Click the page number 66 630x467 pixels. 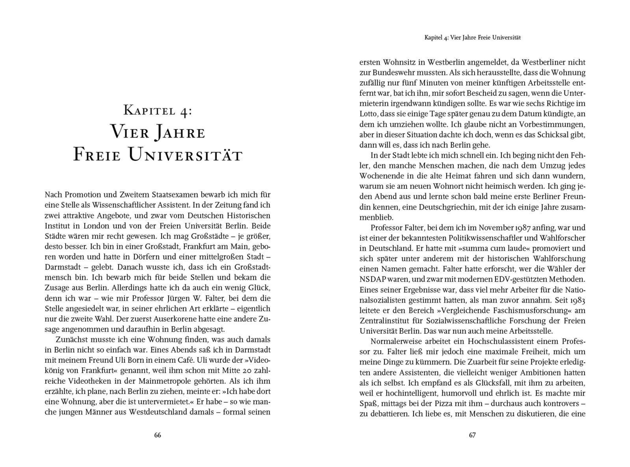[x=157, y=435]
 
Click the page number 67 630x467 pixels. [x=472, y=435]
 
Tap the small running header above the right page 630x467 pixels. [x=472, y=38]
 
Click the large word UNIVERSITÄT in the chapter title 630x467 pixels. [x=185, y=155]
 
